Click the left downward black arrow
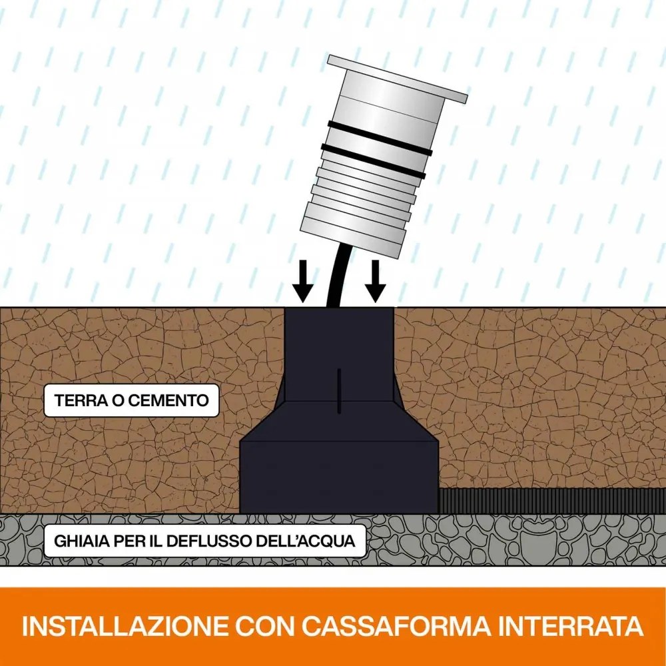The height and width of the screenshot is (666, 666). (x=303, y=281)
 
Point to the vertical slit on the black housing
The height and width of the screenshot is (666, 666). (x=340, y=390)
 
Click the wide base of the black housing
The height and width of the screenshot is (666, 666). (x=338, y=473)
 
